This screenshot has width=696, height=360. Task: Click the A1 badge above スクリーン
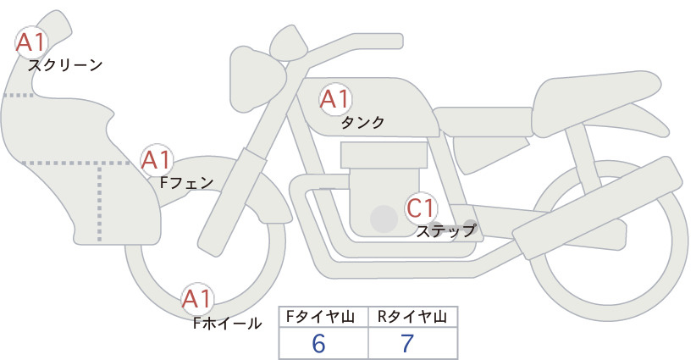click(31, 43)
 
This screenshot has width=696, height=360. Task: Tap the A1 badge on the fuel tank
click(335, 99)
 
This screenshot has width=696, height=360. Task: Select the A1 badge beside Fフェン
click(156, 160)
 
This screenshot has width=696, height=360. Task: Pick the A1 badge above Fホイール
click(197, 299)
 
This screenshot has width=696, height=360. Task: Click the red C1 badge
click(421, 208)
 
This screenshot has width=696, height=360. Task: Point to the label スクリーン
click(65, 65)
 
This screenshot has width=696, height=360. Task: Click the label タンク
click(362, 123)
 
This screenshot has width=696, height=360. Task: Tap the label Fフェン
click(186, 182)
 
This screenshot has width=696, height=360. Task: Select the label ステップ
click(445, 231)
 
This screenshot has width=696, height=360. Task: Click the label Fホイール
click(227, 324)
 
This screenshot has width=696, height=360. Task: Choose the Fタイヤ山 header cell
click(323, 317)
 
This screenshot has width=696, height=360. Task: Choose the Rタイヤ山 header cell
click(413, 317)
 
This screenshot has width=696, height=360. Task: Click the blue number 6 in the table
click(318, 343)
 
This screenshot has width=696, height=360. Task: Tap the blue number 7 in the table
click(407, 343)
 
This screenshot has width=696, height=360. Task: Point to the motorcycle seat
click(594, 103)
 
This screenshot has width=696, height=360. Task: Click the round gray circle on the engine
click(384, 219)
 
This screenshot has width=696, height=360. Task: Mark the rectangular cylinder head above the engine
click(384, 155)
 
